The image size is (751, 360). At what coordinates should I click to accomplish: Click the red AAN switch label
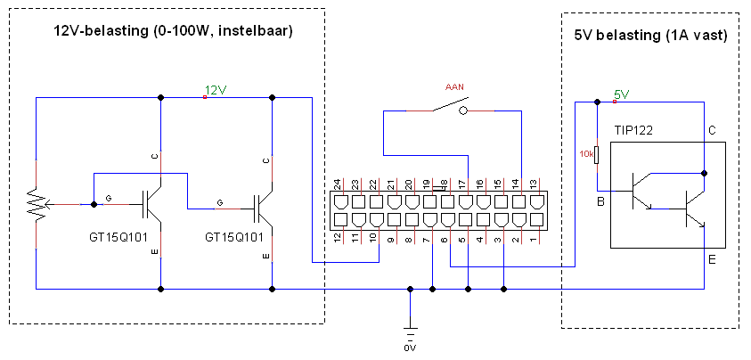pos(454,87)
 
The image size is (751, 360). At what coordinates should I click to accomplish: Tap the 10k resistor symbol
pos(596,155)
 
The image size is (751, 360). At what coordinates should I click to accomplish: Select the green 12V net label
pos(215,90)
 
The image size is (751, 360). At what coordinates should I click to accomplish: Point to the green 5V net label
pos(621,95)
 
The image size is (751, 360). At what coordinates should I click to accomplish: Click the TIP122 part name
pos(633,130)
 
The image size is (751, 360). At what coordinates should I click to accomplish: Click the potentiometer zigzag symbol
pos(37,204)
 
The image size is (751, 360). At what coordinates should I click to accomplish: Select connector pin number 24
pos(337,184)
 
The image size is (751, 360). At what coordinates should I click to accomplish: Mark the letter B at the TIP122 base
pos(600,201)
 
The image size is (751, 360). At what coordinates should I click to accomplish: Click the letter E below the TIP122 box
pos(712,260)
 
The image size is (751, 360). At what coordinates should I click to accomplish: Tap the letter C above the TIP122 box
pos(712,130)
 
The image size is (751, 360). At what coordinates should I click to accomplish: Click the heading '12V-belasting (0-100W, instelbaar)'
pos(173,32)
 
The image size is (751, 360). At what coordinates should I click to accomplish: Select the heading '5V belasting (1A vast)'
pos(650,36)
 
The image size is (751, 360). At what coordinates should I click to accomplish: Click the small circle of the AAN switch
pos(462,111)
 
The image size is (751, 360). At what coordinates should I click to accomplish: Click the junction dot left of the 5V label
pos(597,102)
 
